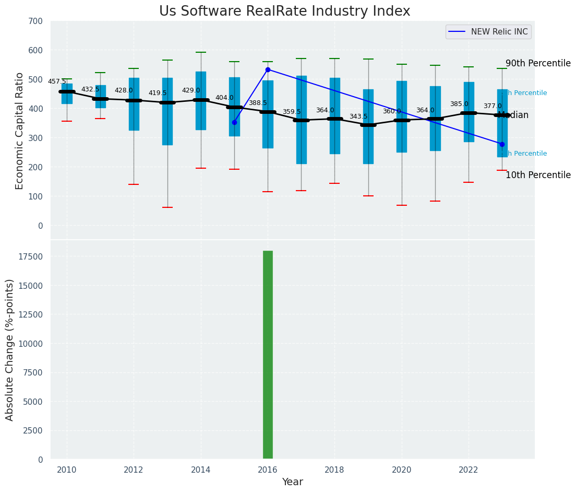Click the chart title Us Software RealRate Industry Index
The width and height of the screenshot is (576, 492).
[x=284, y=11]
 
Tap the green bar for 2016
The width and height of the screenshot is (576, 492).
[x=268, y=355]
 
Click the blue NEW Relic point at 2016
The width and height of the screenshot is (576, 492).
[x=268, y=69]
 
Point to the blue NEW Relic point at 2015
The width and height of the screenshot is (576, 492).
[x=234, y=122]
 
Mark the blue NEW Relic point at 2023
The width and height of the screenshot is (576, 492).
[x=502, y=144]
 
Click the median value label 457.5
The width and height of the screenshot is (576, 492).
[x=57, y=82]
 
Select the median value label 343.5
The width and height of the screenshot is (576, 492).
[x=358, y=117]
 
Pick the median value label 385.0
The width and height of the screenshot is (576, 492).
[x=459, y=104]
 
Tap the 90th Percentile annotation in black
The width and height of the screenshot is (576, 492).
[x=538, y=64]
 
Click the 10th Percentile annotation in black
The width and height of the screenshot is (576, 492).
[x=538, y=175]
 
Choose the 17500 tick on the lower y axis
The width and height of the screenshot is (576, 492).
[x=31, y=256]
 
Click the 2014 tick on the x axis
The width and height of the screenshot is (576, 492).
[x=201, y=470]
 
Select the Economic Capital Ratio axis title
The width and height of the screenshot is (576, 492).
[x=20, y=131]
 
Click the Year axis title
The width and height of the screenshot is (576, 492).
[x=292, y=482]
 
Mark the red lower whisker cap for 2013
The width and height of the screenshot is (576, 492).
[x=167, y=207]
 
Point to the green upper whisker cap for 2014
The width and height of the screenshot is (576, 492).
[x=201, y=52]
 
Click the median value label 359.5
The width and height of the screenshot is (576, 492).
[x=292, y=112]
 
